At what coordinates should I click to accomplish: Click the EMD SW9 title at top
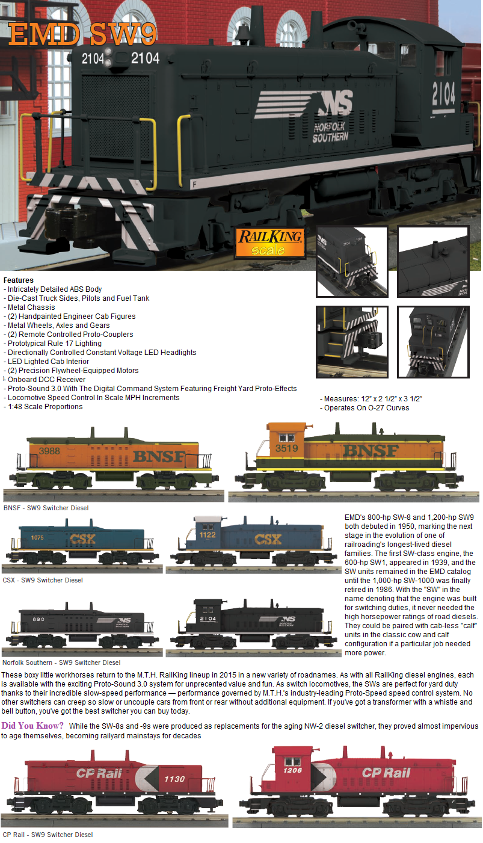coord(82,36)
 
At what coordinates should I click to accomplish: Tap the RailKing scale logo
coord(268,241)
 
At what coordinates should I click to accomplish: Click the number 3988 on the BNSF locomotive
coord(50,451)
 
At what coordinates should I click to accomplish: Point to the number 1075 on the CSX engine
coord(37,537)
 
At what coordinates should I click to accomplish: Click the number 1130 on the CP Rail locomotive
coord(174,779)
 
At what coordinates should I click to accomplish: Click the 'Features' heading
coord(18,280)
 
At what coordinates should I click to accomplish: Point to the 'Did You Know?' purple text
coord(32,725)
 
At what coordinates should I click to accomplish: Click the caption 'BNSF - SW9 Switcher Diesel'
coord(46,508)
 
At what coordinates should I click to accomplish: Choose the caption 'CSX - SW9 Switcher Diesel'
coord(43,580)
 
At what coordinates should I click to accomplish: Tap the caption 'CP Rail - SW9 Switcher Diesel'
coord(48,835)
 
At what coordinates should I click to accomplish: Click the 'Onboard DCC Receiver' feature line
coord(46,380)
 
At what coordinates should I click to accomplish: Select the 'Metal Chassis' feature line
coord(31,307)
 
